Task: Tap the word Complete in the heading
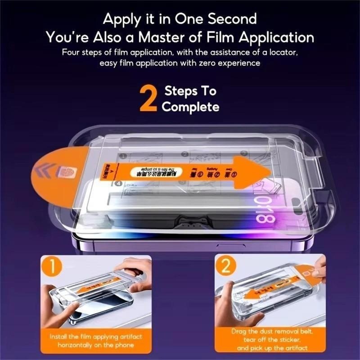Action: pyautogui.click(x=190, y=107)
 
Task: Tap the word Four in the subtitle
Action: pyautogui.click(x=71, y=52)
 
